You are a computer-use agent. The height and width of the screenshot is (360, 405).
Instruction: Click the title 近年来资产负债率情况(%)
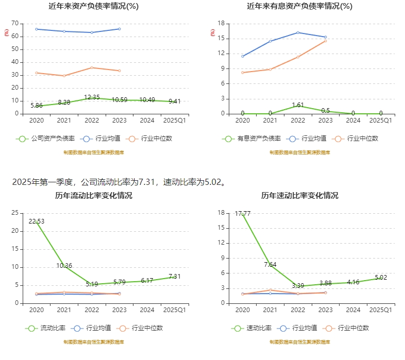tap(94, 6)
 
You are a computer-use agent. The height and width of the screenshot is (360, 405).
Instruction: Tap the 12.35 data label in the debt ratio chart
tap(92, 97)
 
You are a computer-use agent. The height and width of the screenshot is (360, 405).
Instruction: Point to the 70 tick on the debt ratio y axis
tap(15, 24)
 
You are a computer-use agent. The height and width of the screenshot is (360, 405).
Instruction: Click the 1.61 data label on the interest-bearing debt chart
tap(298, 105)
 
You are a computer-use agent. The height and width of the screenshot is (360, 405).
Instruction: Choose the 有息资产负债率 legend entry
tap(252, 138)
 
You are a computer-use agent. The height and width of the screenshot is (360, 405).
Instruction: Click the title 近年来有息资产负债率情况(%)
tap(300, 6)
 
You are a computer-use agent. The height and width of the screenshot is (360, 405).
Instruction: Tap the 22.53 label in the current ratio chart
tap(37, 221)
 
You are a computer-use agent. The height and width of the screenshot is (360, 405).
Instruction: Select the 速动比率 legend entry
tap(252, 328)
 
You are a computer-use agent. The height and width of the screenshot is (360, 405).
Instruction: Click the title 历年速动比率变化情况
tap(300, 196)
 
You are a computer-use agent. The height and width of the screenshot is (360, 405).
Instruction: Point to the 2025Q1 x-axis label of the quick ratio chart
tap(381, 310)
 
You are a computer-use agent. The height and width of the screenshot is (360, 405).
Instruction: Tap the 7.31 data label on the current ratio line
tap(174, 276)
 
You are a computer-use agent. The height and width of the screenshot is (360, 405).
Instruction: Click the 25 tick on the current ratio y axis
tap(15, 213)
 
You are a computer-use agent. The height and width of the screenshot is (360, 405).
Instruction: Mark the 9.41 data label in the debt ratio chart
tap(174, 101)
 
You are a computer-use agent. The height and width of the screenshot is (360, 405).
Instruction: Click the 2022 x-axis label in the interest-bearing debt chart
tap(298, 120)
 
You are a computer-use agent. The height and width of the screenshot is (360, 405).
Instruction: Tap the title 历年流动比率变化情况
tap(94, 196)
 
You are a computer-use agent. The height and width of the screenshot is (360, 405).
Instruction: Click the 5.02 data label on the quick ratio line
tap(381, 278)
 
